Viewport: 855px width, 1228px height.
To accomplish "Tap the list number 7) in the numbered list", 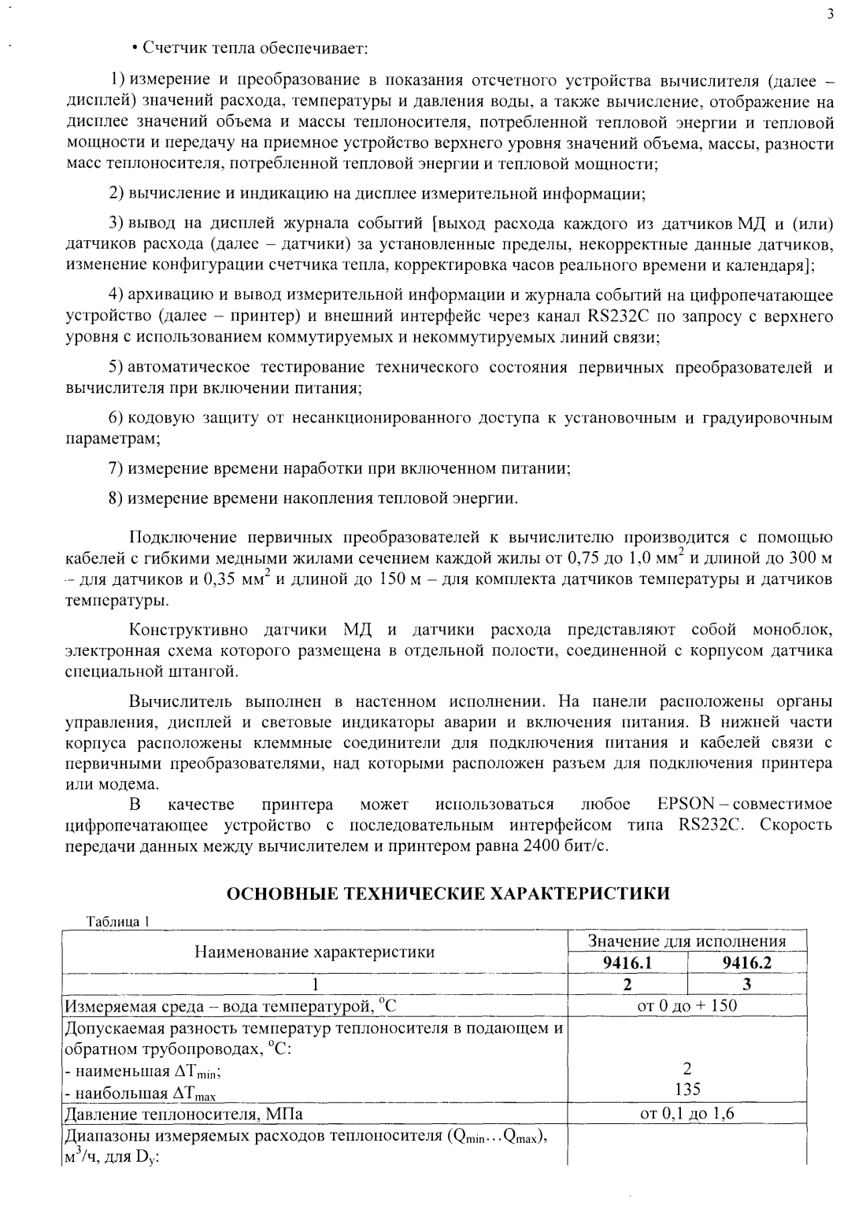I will (x=116, y=468).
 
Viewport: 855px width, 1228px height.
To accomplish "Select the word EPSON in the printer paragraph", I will (x=685, y=804).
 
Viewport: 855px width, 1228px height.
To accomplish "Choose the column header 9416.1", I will (x=627, y=962).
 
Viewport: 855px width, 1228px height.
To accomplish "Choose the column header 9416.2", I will (x=746, y=962).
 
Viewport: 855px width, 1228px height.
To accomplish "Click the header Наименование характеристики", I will (x=315, y=952).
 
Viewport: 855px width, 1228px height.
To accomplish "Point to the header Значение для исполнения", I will (x=687, y=941).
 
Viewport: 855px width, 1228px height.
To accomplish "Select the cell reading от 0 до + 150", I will (x=687, y=1005).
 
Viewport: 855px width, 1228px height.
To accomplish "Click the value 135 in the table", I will (x=687, y=1089).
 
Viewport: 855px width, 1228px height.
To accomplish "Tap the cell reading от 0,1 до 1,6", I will (x=687, y=1113).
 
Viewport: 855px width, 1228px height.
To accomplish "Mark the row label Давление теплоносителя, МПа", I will (x=183, y=1114).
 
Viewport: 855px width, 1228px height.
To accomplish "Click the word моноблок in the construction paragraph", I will (x=790, y=630).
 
